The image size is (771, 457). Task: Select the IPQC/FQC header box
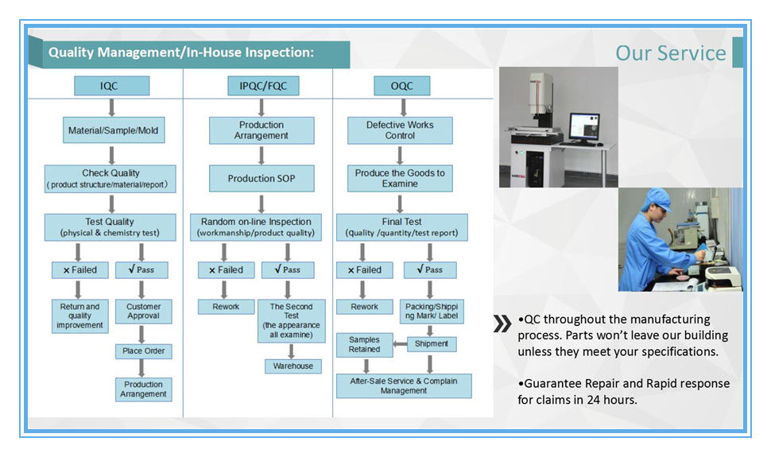pyautogui.click(x=257, y=86)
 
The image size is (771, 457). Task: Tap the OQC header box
pyautogui.click(x=403, y=86)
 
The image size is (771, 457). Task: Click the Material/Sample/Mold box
pyautogui.click(x=114, y=130)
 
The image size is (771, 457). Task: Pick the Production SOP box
pyautogui.click(x=261, y=178)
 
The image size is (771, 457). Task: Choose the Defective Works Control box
pyautogui.click(x=400, y=130)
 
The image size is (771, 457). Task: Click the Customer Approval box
pyautogui.click(x=143, y=311)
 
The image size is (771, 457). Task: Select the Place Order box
pyautogui.click(x=143, y=350)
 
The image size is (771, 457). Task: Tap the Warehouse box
pyautogui.click(x=293, y=366)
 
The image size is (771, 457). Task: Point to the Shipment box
pyautogui.click(x=432, y=344)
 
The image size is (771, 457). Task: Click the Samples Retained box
pyautogui.click(x=364, y=344)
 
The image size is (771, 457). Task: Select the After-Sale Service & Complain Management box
pyautogui.click(x=404, y=386)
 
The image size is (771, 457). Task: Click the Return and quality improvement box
pyautogui.click(x=79, y=316)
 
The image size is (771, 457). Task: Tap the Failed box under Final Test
pyautogui.click(x=364, y=270)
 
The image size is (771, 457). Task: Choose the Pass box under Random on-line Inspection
pyautogui.click(x=287, y=270)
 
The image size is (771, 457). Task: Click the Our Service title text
pyautogui.click(x=670, y=53)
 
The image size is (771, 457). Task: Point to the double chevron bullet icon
pyautogui.click(x=502, y=323)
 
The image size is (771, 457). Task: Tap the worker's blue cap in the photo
pyautogui.click(x=660, y=199)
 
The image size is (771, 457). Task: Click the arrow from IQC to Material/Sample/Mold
pyautogui.click(x=112, y=107)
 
